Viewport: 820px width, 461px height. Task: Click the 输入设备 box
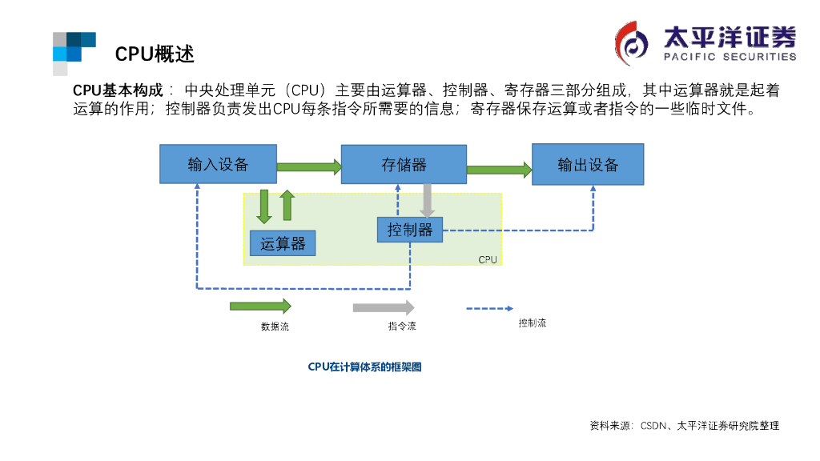218,164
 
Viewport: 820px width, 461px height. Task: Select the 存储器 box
404,164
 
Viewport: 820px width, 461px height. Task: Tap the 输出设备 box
588,164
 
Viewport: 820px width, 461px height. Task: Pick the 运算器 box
283,243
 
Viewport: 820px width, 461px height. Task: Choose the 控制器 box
409,230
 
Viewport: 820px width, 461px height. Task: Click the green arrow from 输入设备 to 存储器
309,166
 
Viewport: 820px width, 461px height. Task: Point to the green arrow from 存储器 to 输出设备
499,169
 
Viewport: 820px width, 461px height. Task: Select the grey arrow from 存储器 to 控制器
428,201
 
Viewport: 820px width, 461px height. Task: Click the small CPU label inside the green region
488,259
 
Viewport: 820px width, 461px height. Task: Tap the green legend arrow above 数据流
260,306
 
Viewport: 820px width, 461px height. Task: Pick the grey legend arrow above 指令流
384,307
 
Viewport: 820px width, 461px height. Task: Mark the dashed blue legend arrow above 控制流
490,307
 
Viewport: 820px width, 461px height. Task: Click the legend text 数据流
275,326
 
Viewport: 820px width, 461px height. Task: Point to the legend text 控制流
532,323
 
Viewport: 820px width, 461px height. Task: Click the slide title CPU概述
155,54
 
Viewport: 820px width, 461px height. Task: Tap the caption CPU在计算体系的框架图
364,367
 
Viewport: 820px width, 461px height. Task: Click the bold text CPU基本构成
118,90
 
